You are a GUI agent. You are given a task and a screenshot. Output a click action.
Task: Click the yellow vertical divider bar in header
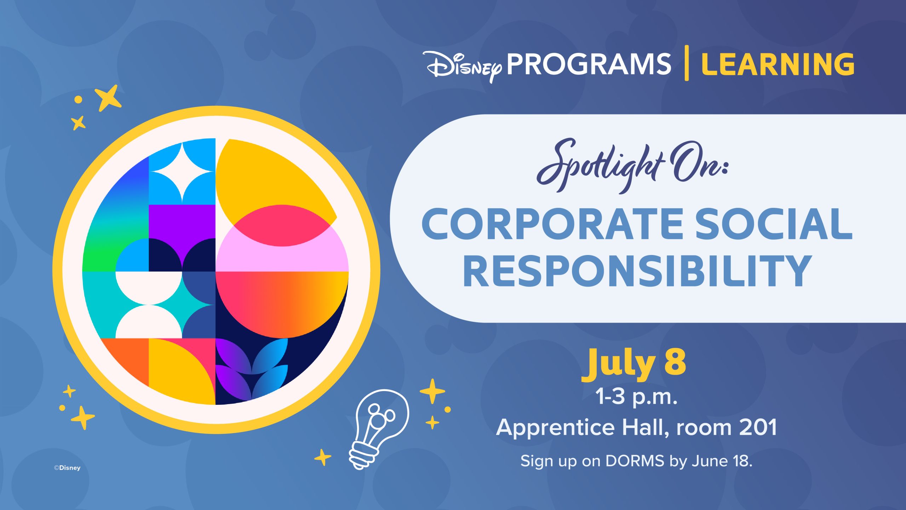(x=687, y=63)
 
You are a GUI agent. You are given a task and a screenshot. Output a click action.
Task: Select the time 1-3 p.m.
(x=636, y=397)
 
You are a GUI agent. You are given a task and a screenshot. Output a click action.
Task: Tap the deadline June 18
(x=722, y=461)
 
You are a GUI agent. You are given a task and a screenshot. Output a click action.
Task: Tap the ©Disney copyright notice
(x=67, y=468)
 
